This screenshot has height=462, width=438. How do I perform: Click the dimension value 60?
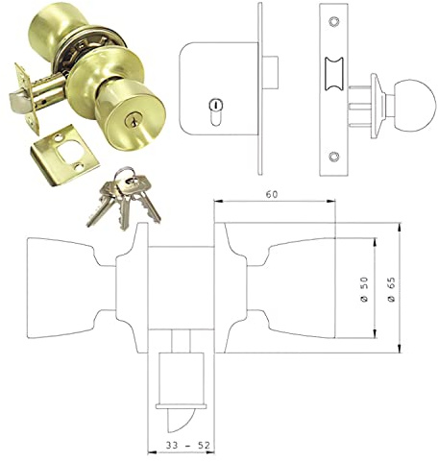[x=274, y=194]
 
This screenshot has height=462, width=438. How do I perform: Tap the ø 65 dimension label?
[x=392, y=285]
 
